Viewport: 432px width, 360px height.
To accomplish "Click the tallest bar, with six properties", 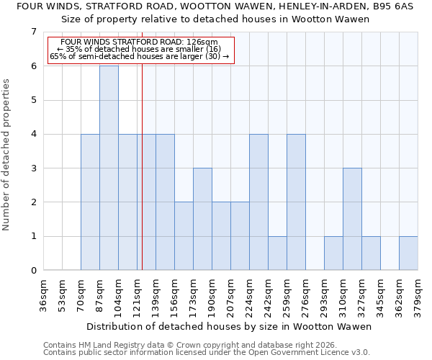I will point(109,168).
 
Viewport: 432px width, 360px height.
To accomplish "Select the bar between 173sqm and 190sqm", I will point(202,219).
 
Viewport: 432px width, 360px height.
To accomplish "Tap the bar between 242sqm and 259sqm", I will point(277,253).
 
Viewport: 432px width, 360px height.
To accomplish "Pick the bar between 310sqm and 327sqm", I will point(352,219).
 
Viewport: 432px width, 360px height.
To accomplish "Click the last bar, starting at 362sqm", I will point(408,253).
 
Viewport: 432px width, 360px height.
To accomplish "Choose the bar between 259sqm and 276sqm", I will point(296,202).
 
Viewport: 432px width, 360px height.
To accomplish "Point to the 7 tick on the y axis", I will point(33,32).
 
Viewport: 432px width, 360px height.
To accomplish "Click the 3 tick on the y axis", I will point(33,168).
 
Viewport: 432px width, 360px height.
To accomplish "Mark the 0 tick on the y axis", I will point(33,271).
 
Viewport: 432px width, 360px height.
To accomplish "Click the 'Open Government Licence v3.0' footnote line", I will point(206,353).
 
